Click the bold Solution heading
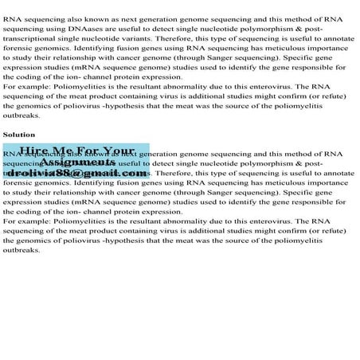[18, 135]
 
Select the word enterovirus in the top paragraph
[263, 87]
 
